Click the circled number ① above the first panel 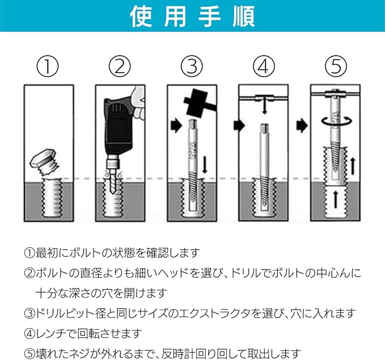tap(48, 66)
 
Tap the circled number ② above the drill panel tap(120, 66)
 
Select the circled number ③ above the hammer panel tap(192, 66)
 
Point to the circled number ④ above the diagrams tap(264, 66)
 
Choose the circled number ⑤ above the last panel tap(336, 66)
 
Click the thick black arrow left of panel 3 tap(176, 126)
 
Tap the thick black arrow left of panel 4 tap(239, 126)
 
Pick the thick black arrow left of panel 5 tap(302, 126)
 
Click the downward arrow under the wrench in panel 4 tap(264, 108)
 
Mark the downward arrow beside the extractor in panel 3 tap(205, 164)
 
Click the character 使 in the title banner tap(141, 16)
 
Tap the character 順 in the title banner tap(243, 16)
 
